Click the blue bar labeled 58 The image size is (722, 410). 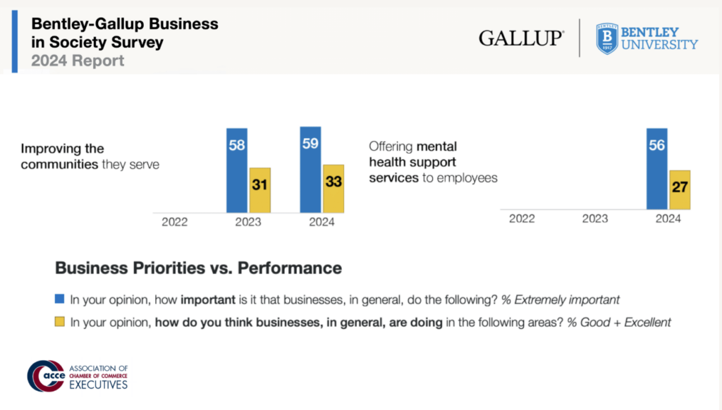click(x=237, y=170)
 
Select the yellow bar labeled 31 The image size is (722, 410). click(x=259, y=190)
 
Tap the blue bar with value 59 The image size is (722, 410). click(x=310, y=169)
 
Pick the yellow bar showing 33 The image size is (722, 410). click(x=333, y=188)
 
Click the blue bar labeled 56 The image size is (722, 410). click(x=657, y=168)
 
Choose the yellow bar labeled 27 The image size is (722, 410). click(x=680, y=190)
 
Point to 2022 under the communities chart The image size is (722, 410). click(x=175, y=222)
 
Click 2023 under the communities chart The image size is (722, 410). click(x=248, y=222)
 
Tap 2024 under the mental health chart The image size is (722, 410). click(x=668, y=218)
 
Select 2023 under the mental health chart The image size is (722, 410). click(x=595, y=218)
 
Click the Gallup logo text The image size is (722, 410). click(x=521, y=38)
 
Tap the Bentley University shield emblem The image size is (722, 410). click(x=606, y=38)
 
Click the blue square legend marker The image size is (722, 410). click(x=60, y=299)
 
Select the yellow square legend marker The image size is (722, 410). click(x=60, y=322)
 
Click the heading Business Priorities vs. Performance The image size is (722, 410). click(x=198, y=268)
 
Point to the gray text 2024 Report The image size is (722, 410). click(x=78, y=61)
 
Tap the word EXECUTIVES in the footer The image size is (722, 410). click(x=99, y=385)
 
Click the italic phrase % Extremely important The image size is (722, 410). click(x=561, y=299)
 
